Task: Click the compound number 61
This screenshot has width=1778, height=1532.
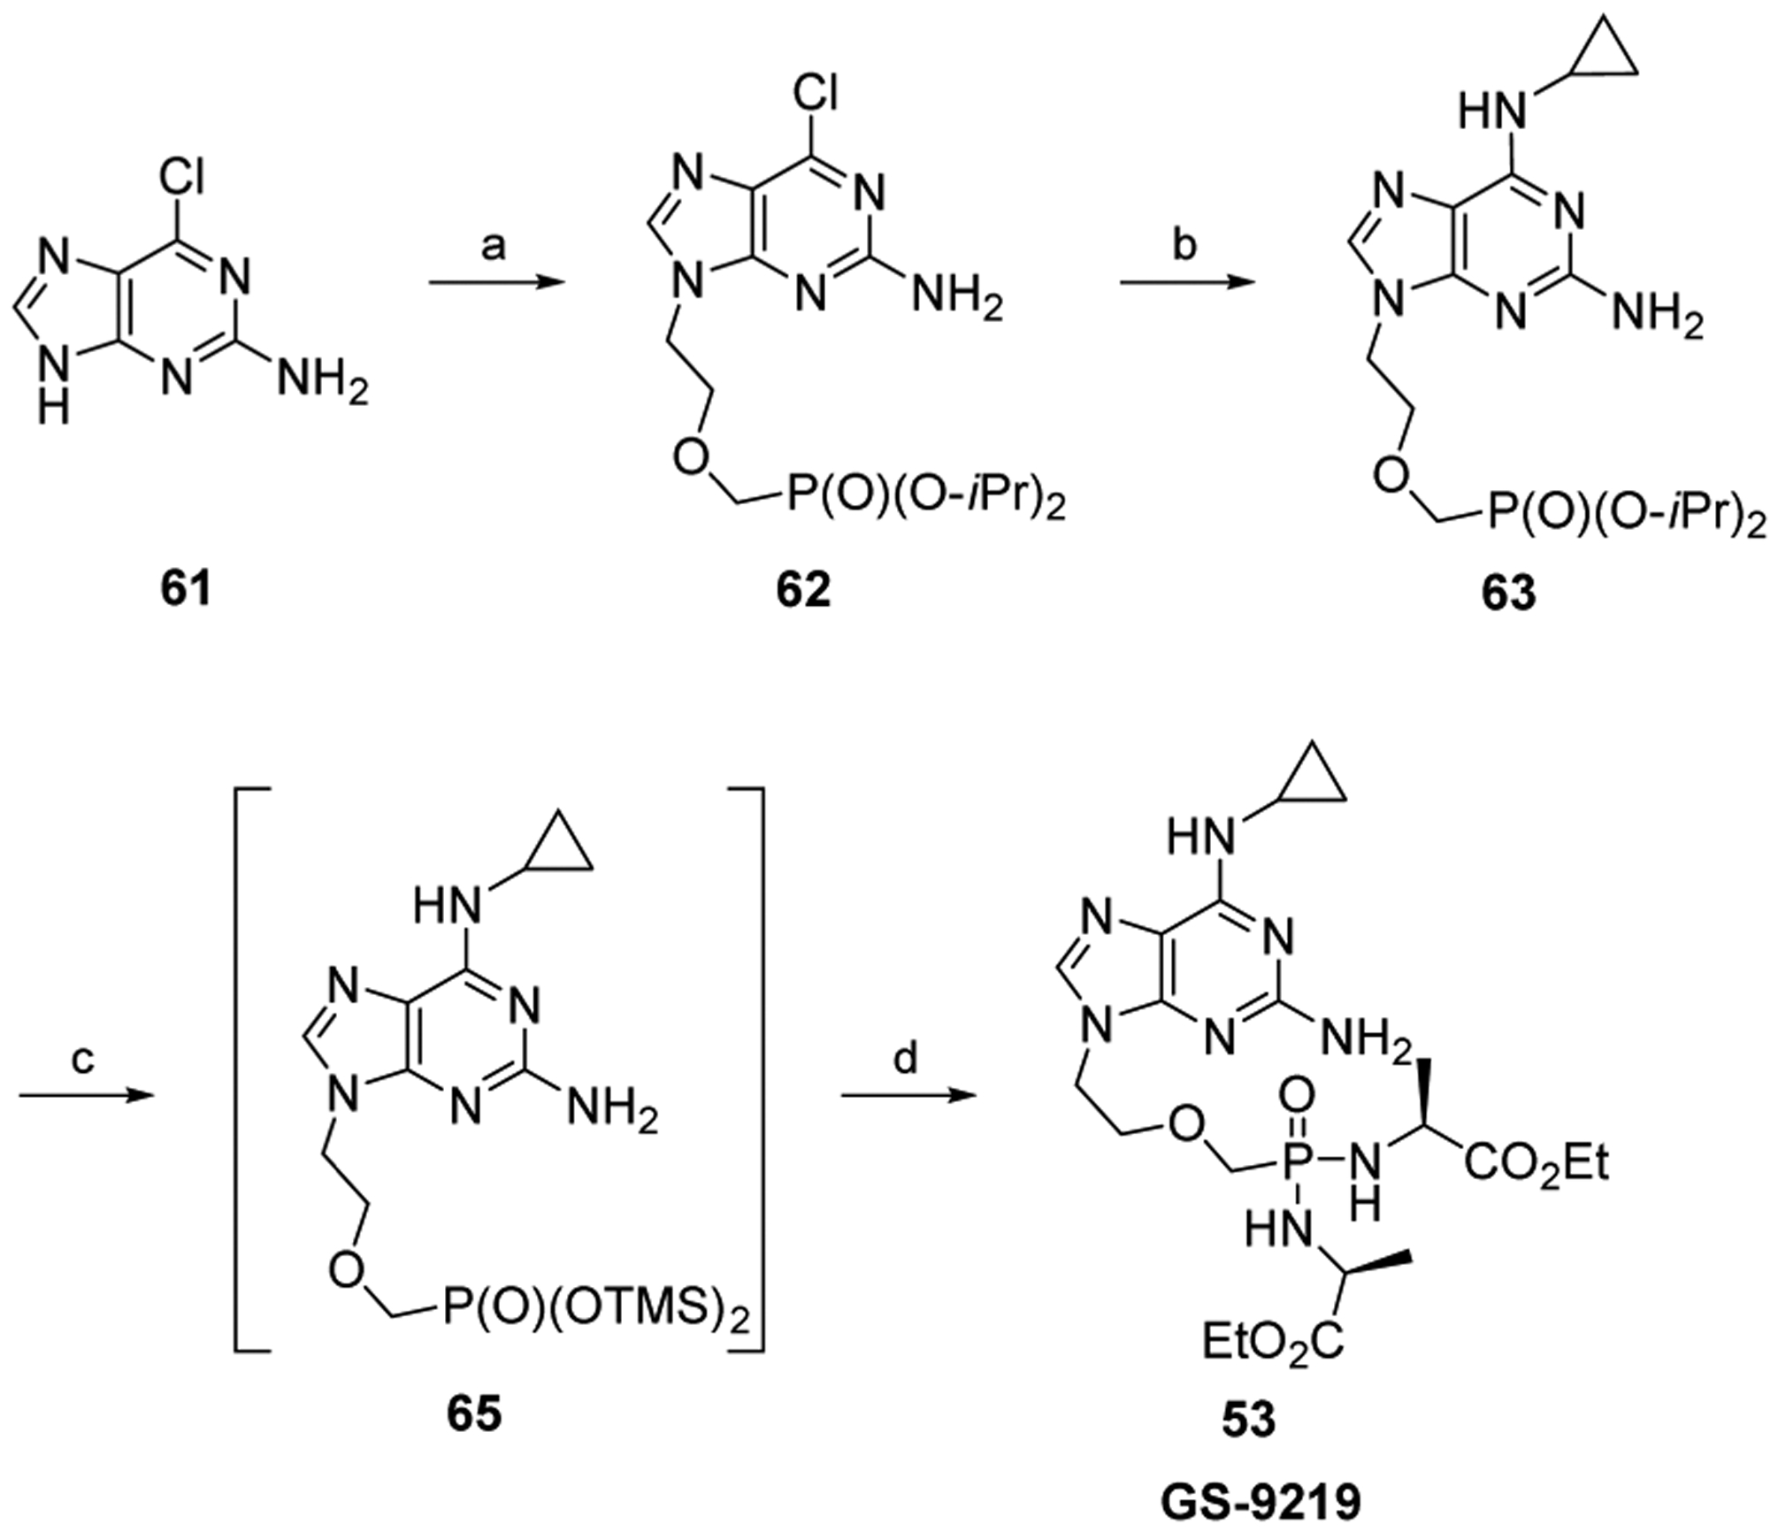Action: (186, 589)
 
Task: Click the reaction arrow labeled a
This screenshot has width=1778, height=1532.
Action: (496, 283)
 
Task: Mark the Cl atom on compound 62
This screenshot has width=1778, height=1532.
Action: (815, 91)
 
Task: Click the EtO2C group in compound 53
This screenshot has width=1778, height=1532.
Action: (1272, 1342)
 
